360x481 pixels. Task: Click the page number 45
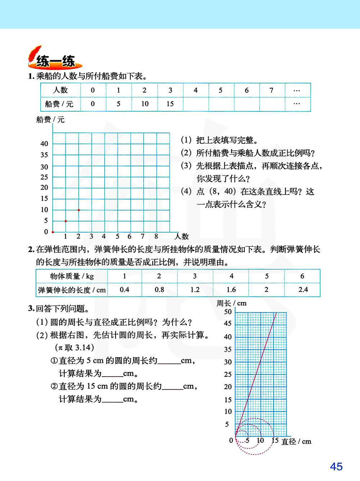(336, 467)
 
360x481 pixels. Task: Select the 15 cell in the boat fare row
(170, 104)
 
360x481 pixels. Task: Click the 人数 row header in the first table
(60, 90)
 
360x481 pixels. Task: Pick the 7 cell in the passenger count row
(271, 90)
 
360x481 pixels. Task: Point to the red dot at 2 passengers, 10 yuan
(79, 210)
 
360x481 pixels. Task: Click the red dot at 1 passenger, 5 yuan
(66, 221)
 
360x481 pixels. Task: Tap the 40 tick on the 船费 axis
(44, 144)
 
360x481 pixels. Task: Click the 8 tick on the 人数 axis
(156, 237)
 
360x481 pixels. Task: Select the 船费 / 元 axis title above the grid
(50, 120)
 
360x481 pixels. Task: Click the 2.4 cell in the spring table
(303, 289)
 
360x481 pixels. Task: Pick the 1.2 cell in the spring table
(195, 289)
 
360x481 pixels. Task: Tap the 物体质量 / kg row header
(72, 276)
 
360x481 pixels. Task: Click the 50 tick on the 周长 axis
(228, 312)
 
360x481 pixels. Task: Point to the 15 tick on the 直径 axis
(275, 440)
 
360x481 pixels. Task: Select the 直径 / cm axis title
(296, 441)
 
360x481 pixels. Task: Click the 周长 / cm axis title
(231, 303)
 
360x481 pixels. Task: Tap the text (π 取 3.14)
(75, 347)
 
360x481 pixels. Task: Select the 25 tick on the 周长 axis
(228, 374)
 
